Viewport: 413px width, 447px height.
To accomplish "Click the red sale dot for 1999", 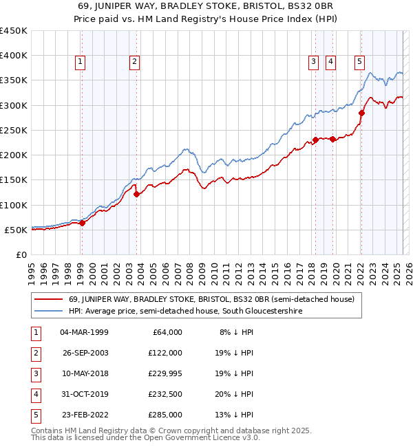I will (x=82, y=223).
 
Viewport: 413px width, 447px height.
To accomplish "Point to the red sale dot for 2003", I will (x=136, y=194).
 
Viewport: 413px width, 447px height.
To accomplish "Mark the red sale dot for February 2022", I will (x=361, y=113).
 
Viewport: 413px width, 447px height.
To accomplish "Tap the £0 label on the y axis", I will (x=21, y=254).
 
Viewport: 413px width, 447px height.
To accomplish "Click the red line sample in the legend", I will (x=49, y=299).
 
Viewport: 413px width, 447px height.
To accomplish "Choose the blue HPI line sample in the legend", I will (x=49, y=312).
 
